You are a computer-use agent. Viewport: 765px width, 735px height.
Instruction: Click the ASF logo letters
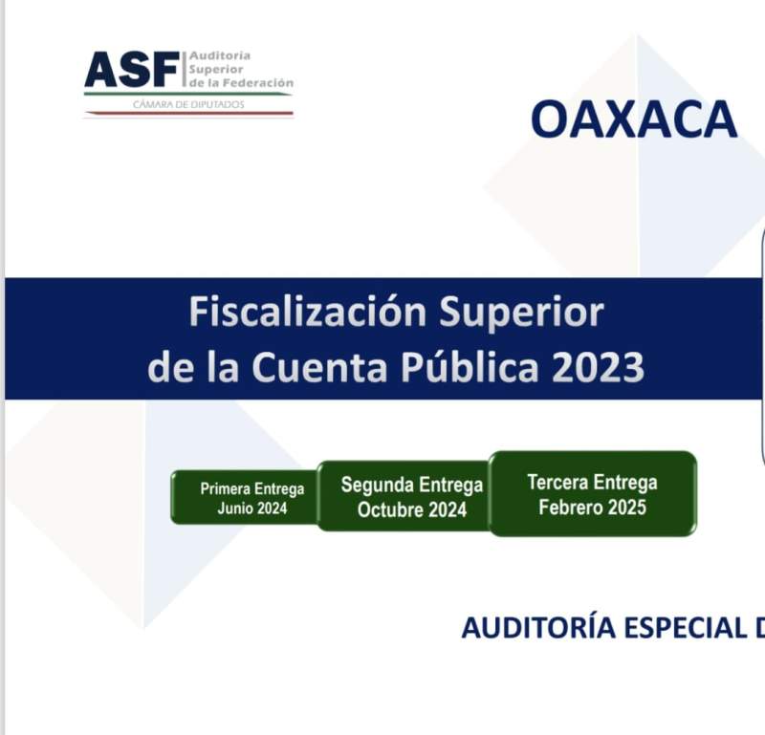(x=132, y=69)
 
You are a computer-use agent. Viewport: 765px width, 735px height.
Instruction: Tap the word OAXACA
(x=634, y=119)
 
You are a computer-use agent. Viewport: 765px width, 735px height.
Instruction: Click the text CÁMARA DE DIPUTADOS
(x=188, y=104)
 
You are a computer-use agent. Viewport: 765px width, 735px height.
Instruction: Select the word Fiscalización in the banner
(x=308, y=313)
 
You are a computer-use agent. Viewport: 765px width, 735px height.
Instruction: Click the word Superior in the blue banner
(x=521, y=313)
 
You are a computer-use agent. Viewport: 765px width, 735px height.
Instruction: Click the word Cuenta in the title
(x=319, y=367)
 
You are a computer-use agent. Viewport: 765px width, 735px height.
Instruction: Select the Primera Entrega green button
(x=245, y=497)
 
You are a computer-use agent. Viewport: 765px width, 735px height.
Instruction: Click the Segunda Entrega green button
(x=404, y=496)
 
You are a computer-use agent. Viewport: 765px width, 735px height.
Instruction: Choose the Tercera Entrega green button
(x=593, y=493)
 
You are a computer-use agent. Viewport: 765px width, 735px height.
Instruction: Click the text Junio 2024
(x=252, y=508)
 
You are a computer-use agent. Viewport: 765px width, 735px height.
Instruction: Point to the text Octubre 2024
(x=412, y=510)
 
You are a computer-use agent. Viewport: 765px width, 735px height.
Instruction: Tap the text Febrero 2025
(x=593, y=508)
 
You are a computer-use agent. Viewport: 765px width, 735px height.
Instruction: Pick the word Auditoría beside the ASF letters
(x=220, y=55)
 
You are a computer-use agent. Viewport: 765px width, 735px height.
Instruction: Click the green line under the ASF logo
(x=188, y=94)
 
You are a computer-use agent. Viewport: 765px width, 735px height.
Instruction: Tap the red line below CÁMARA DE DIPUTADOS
(x=188, y=113)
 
